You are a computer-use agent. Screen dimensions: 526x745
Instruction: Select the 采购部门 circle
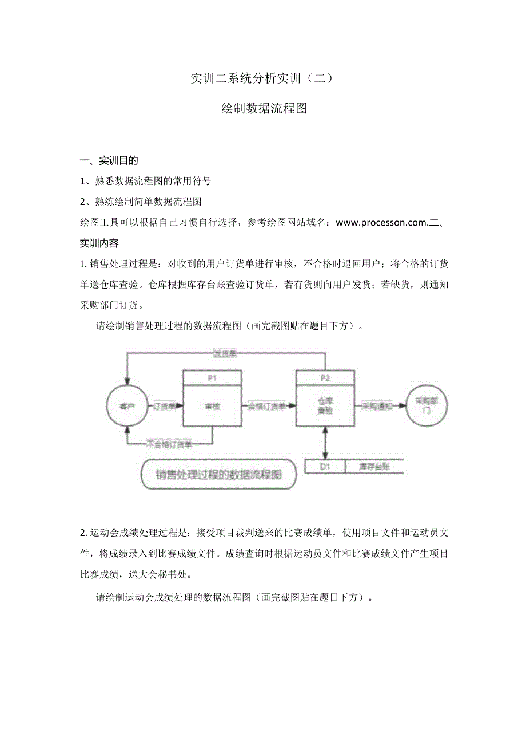[x=426, y=406]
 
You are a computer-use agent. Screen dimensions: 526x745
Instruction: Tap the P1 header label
[x=212, y=378]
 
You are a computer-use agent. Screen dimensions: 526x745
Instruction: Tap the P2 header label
[x=325, y=378]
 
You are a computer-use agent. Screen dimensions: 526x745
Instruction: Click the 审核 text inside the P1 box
[x=212, y=407]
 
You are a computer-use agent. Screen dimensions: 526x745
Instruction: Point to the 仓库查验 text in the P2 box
[x=325, y=406]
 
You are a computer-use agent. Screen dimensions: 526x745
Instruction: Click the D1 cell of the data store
[x=325, y=467]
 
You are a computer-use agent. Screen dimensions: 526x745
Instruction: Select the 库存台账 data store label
[x=374, y=467]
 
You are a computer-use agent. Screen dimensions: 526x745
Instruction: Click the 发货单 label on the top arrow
[x=225, y=354]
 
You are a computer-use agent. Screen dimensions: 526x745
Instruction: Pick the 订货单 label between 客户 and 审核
[x=165, y=406]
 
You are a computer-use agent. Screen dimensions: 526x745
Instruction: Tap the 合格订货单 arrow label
[x=266, y=406]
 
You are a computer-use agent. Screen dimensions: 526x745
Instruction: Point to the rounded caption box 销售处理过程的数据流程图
[x=219, y=474]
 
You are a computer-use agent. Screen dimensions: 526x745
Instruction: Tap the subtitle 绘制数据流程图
[x=264, y=109]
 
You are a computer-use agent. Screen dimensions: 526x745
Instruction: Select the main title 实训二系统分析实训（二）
[x=261, y=79]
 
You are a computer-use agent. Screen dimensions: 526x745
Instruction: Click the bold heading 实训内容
[x=99, y=243]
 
